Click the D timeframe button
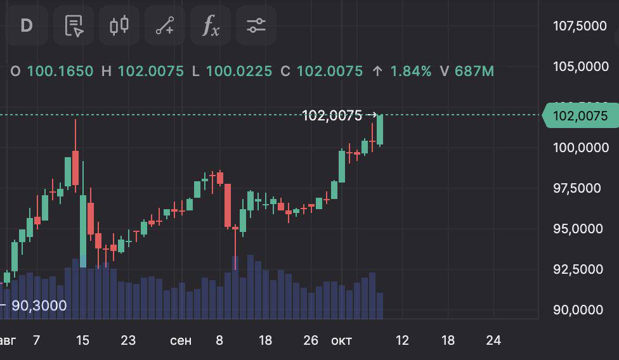pyautogui.click(x=26, y=25)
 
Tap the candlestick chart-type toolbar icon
pyautogui.click(x=119, y=25)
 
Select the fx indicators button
pyautogui.click(x=211, y=25)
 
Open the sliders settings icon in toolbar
pyautogui.click(x=256, y=25)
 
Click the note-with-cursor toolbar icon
pyautogui.click(x=74, y=25)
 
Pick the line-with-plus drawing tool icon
pyautogui.click(x=165, y=25)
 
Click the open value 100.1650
pyautogui.click(x=60, y=71)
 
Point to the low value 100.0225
pyautogui.click(x=238, y=71)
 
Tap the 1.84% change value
pyautogui.click(x=410, y=71)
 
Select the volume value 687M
pyautogui.click(x=474, y=71)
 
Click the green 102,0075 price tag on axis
pyautogui.click(x=580, y=116)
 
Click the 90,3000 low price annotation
pyautogui.click(x=39, y=305)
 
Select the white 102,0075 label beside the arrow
pyautogui.click(x=332, y=115)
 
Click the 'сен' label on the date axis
pyautogui.click(x=181, y=340)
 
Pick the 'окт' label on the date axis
pyautogui.click(x=341, y=340)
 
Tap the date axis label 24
pyautogui.click(x=493, y=340)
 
